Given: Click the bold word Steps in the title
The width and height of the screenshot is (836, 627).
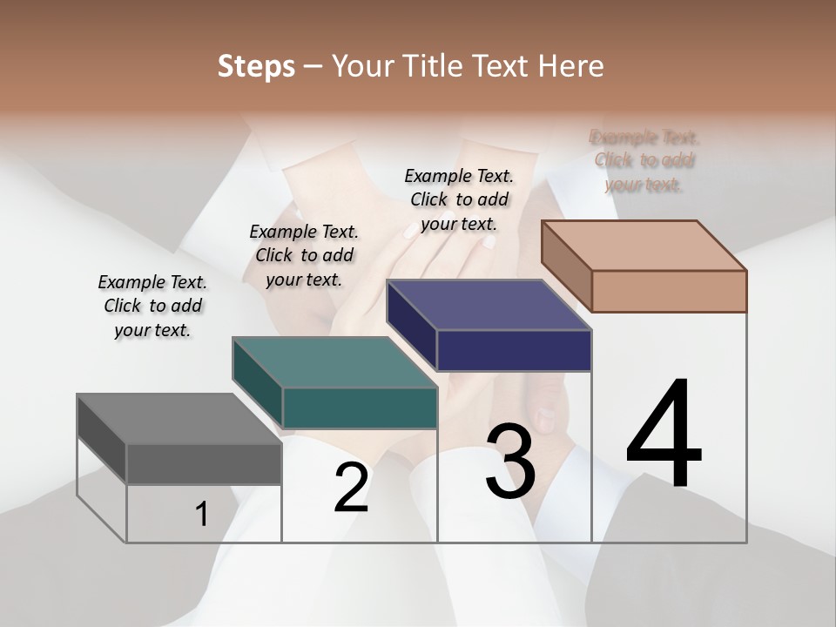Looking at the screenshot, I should [x=256, y=66].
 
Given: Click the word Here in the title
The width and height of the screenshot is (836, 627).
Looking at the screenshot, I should [x=571, y=66].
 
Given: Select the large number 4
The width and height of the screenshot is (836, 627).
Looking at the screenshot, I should [x=664, y=435].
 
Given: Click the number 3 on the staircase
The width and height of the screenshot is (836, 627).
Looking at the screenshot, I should [x=510, y=462].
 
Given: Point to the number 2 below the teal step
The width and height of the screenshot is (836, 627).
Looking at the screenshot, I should [x=351, y=487].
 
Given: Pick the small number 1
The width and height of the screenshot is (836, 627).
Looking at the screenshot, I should [x=202, y=515].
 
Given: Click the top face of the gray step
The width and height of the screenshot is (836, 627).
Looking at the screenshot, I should [x=179, y=419].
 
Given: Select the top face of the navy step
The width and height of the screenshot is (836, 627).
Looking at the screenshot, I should [x=489, y=305].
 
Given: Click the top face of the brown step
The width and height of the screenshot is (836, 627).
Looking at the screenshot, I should [x=644, y=246].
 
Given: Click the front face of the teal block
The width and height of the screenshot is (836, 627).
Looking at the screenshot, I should [x=360, y=408].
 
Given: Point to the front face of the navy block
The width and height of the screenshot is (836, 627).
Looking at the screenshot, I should [x=514, y=350].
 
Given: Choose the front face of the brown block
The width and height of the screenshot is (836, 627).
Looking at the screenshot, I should [x=669, y=291].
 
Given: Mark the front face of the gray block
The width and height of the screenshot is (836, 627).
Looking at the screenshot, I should [x=204, y=463].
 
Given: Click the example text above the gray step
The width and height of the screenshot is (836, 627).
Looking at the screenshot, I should [x=152, y=306].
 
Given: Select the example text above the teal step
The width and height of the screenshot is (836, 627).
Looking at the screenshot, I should [x=304, y=255].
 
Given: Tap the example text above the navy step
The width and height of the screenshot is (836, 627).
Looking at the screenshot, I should [x=459, y=199].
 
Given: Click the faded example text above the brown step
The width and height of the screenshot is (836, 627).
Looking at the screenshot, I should [x=644, y=160].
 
